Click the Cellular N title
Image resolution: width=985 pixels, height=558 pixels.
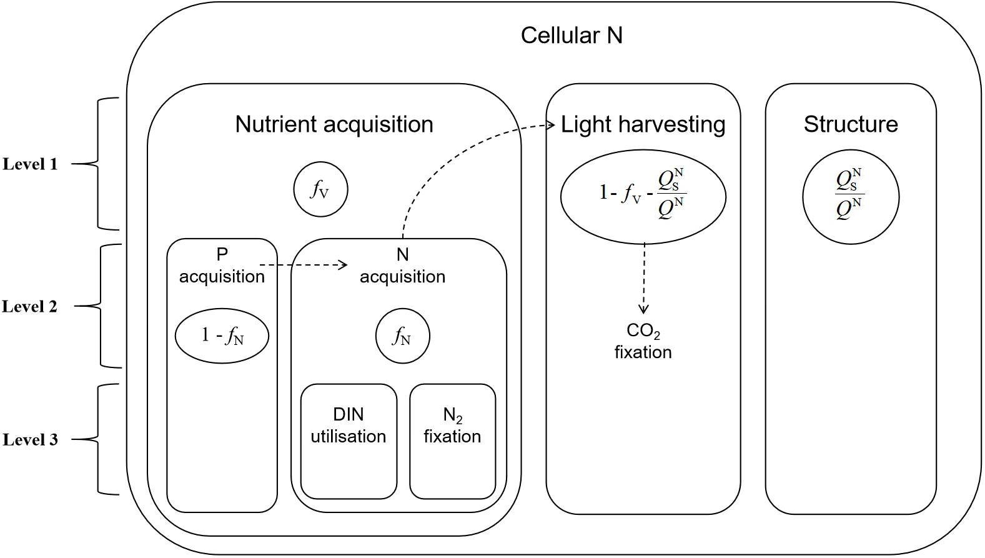(572, 35)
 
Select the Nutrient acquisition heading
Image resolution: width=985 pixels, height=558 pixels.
(334, 124)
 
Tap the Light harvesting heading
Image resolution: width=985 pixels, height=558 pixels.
(643, 124)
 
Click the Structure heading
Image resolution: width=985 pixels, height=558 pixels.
(851, 124)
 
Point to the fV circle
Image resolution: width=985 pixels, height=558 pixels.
(320, 189)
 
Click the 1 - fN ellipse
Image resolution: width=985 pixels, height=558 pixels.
(222, 336)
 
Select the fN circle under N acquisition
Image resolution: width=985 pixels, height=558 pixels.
(403, 337)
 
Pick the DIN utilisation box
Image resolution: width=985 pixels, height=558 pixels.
(349, 442)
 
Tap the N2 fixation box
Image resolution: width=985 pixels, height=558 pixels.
(452, 442)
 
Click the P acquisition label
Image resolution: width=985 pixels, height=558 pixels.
(222, 266)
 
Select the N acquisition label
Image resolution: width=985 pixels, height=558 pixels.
(402, 266)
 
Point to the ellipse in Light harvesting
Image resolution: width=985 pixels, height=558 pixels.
(643, 196)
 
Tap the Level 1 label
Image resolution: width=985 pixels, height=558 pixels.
(30, 164)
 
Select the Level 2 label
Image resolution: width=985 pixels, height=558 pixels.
(30, 306)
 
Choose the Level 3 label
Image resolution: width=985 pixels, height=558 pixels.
(30, 439)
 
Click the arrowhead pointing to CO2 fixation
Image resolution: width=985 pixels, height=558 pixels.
(643, 309)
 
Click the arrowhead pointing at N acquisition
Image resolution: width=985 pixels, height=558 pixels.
(342, 265)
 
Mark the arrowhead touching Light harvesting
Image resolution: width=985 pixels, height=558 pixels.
(551, 126)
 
